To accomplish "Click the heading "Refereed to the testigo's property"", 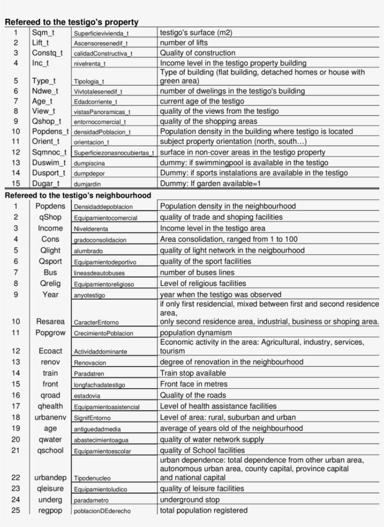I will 71,22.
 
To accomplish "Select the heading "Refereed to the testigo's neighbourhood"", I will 78,196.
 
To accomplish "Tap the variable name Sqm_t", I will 43,33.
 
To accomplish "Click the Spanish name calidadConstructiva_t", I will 103,53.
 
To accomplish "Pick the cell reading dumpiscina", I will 89,163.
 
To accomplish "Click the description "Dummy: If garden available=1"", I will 210,183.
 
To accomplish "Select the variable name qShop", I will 51,217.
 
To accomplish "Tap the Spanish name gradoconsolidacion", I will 100,240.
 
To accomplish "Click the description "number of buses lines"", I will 197,272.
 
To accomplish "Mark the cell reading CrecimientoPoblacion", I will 103,333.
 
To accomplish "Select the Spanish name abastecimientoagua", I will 101,440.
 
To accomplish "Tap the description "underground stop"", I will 190,500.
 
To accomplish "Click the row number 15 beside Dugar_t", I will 16,183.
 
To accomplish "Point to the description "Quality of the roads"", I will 193,395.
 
